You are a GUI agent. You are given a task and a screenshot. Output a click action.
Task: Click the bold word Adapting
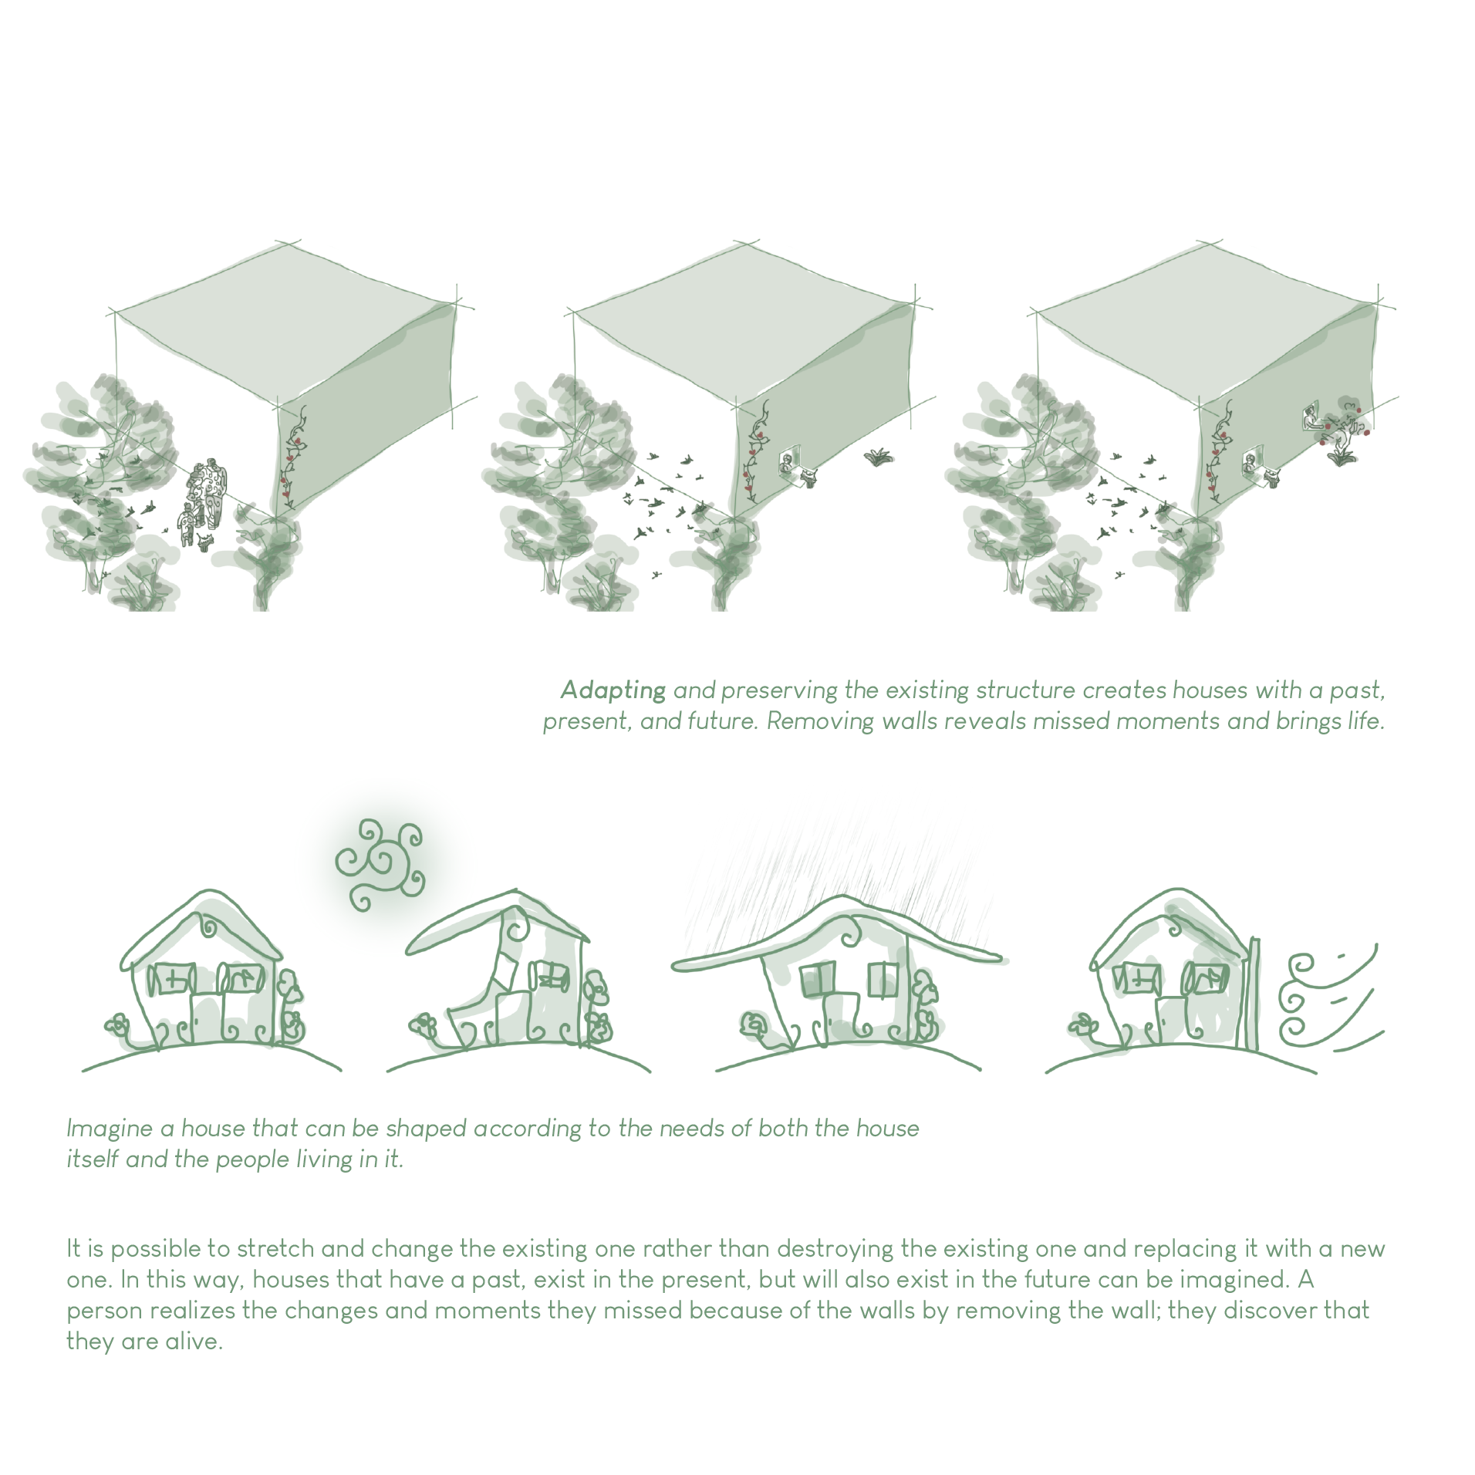point(613,690)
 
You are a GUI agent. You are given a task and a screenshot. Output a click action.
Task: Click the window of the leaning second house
point(550,977)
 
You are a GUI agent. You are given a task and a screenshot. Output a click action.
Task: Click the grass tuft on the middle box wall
point(877,457)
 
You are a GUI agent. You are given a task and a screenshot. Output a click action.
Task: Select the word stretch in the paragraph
point(275,1249)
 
